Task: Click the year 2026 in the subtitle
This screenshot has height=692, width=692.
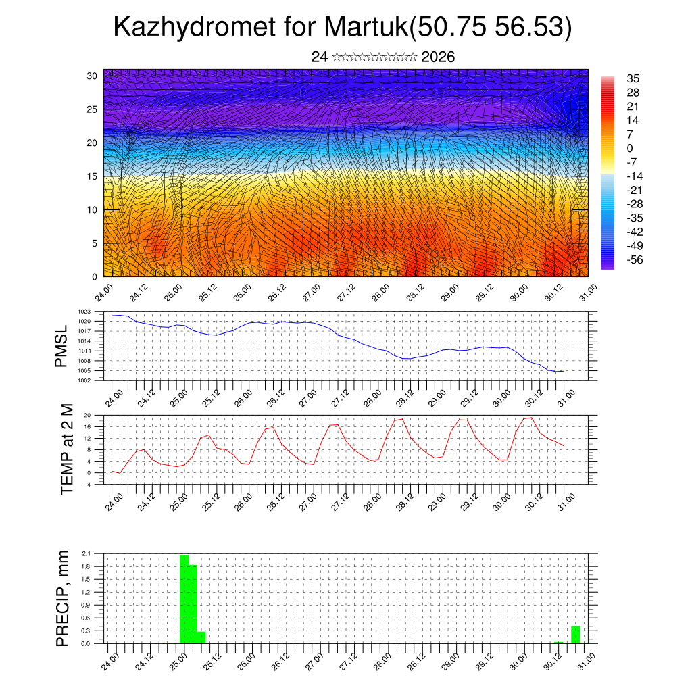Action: pyautogui.click(x=438, y=57)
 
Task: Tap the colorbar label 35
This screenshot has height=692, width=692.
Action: pyautogui.click(x=633, y=79)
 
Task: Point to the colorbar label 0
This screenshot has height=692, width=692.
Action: pyautogui.click(x=630, y=148)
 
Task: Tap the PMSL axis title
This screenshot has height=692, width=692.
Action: pyautogui.click(x=61, y=346)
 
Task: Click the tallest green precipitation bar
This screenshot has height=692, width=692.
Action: pyautogui.click(x=184, y=599)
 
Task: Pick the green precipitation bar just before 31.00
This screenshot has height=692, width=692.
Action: pyautogui.click(x=575, y=635)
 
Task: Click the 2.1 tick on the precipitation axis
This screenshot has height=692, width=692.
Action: pyautogui.click(x=86, y=553)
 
